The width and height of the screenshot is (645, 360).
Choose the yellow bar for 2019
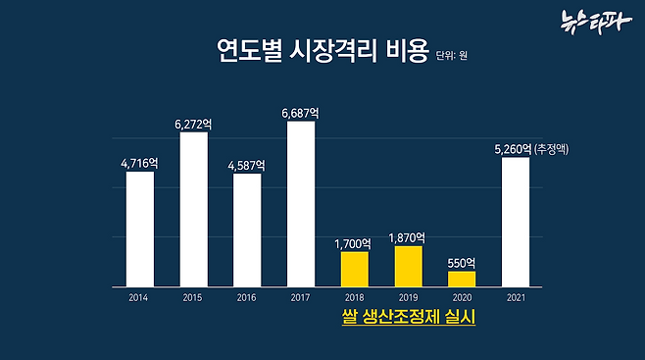[x=408, y=266]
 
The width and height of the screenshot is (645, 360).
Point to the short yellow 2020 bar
[x=461, y=279]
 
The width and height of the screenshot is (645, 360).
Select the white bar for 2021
[x=515, y=222]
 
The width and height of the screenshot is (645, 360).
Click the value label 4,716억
[x=140, y=163]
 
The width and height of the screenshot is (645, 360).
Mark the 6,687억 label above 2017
[x=301, y=113]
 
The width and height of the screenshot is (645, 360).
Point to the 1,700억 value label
[x=353, y=243]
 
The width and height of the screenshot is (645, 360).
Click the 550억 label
[x=461, y=262]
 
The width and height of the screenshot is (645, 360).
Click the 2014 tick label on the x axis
[x=140, y=297]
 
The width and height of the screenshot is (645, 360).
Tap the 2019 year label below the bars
[x=408, y=297]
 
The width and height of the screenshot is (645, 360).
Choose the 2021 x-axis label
[x=515, y=297]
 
